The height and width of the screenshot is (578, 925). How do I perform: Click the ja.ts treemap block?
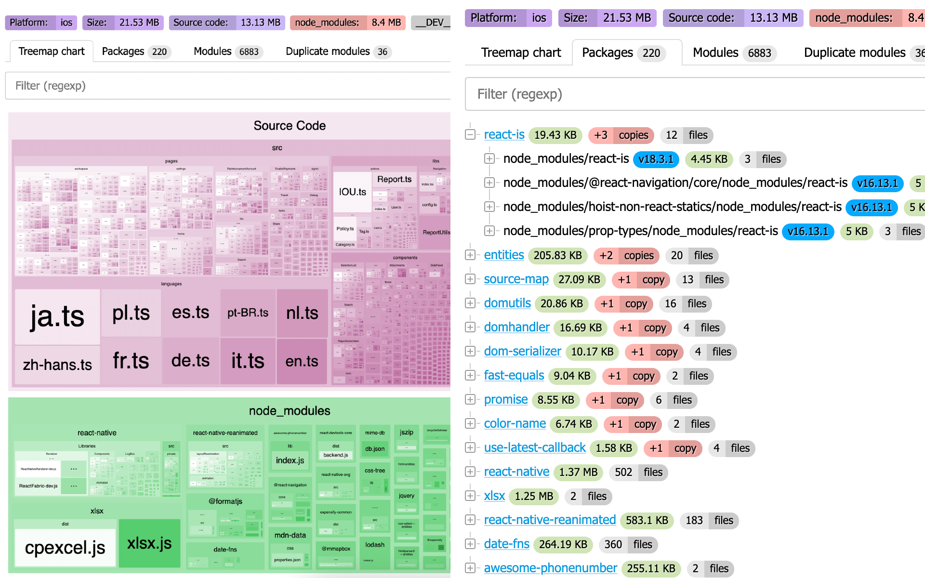point(57,316)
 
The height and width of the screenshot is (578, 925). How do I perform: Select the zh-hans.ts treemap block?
point(57,365)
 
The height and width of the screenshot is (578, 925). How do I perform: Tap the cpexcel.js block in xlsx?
point(65,548)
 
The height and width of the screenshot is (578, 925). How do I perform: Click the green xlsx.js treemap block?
point(149,543)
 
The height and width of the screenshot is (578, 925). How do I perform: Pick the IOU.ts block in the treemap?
point(352,192)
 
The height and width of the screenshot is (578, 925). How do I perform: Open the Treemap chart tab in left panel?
point(51,52)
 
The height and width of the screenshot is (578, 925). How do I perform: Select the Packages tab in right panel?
point(623,53)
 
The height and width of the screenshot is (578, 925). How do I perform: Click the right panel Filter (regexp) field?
point(694,94)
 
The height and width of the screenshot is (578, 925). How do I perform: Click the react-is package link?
point(504,135)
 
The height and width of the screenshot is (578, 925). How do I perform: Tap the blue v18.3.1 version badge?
point(656,159)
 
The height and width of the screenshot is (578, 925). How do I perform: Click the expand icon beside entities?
point(470,255)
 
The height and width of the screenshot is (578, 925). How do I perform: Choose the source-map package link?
point(516,279)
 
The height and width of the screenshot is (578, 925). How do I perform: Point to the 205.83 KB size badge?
point(557,255)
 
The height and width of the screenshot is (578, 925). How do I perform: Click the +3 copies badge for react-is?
point(621,135)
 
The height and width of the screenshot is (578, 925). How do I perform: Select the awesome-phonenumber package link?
point(550,568)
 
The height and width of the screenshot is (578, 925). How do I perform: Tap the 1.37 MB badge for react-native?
point(578,472)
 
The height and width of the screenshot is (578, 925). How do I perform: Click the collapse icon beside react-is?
point(470,135)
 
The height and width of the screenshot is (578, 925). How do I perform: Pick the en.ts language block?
point(302,361)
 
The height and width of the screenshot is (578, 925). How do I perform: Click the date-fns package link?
point(506,544)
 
